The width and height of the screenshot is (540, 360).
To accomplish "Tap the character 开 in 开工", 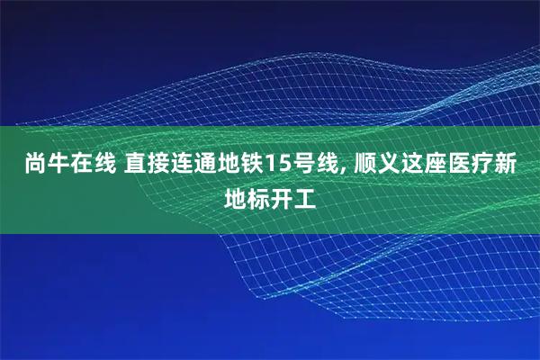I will point(282,195).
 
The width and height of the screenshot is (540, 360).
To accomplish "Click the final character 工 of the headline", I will point(306,195).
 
